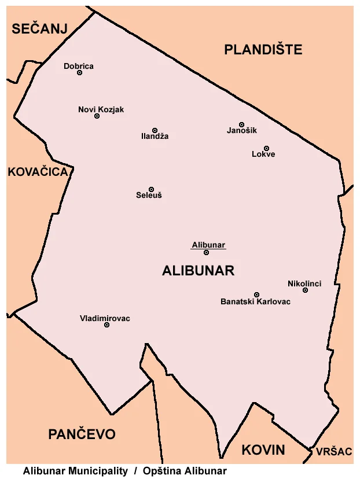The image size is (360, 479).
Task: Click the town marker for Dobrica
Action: click(x=79, y=73)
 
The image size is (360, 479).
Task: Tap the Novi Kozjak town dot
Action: click(x=97, y=116)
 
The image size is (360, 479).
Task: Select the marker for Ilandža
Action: click(x=155, y=130)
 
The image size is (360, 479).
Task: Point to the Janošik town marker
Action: click(x=241, y=124)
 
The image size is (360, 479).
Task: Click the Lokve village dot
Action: click(x=266, y=148)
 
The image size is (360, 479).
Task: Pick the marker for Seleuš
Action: click(x=151, y=189)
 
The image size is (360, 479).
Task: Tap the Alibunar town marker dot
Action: click(x=206, y=252)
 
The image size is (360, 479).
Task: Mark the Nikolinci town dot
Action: click(x=305, y=290)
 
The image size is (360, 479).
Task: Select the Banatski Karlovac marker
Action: click(x=256, y=294)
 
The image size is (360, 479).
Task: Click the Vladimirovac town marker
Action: click(x=106, y=325)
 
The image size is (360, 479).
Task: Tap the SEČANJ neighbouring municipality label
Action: click(x=40, y=29)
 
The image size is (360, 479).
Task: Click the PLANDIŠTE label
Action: click(x=263, y=50)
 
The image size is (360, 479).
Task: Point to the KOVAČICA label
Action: click(x=38, y=172)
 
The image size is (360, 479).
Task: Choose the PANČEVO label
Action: click(x=82, y=434)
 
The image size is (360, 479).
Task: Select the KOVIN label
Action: click(x=263, y=450)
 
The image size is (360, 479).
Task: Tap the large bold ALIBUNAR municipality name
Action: click(x=199, y=271)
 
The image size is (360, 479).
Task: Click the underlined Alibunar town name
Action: click(x=208, y=245)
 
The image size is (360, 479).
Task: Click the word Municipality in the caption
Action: click(x=97, y=471)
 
